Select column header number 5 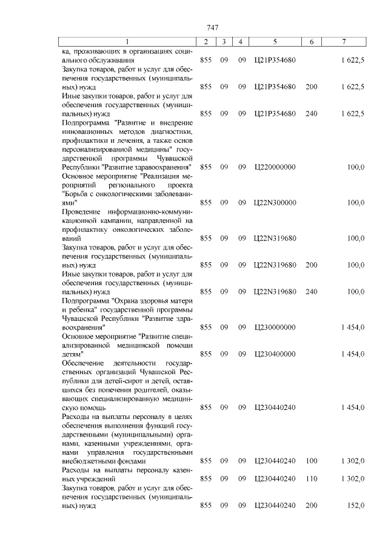point(275,42)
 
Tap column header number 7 point(344,42)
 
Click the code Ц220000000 point(275,167)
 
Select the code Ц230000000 point(275,327)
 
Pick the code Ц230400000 point(275,354)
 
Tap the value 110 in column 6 point(312,478)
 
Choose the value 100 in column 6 point(312,461)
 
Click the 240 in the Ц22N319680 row point(312,291)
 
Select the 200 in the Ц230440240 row point(312,506)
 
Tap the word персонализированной point(98,149)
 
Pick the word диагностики point(172,131)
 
